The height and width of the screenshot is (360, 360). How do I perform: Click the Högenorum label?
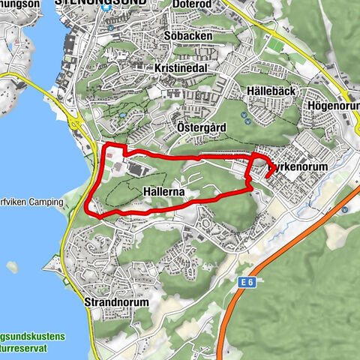334,106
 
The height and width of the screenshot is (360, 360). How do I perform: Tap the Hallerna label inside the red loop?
163,193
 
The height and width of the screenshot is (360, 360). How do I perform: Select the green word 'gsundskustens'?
34,316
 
